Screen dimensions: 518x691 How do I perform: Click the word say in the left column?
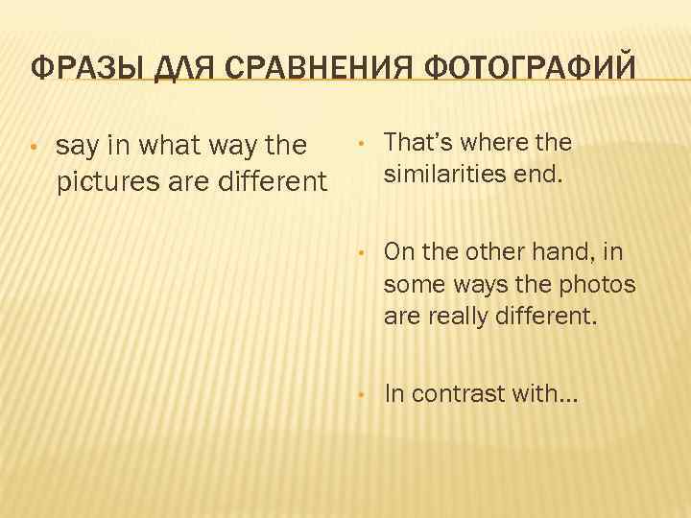tap(78, 147)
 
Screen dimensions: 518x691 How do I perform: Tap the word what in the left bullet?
tap(169, 147)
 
